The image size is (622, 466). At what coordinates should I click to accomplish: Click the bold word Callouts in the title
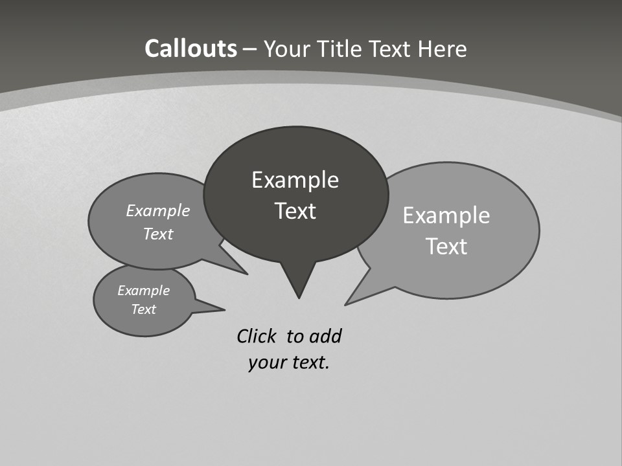click(x=190, y=49)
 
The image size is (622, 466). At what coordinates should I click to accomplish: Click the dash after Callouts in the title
click(x=250, y=49)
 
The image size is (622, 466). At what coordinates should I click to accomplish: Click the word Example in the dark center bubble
click(x=295, y=179)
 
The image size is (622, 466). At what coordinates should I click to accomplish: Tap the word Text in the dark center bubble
click(x=295, y=211)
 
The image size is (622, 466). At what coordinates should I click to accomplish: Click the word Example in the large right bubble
click(x=446, y=216)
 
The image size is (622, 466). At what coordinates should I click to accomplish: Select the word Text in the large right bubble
click(x=446, y=247)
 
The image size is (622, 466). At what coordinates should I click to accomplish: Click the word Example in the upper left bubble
click(x=157, y=210)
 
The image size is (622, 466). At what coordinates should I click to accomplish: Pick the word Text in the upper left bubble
click(x=157, y=234)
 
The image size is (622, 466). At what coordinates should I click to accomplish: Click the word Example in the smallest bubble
click(x=143, y=291)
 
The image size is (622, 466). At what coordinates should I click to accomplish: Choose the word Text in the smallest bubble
click(x=143, y=309)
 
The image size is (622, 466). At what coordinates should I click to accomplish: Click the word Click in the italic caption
click(x=257, y=337)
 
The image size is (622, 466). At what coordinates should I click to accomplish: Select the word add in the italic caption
click(x=325, y=337)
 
